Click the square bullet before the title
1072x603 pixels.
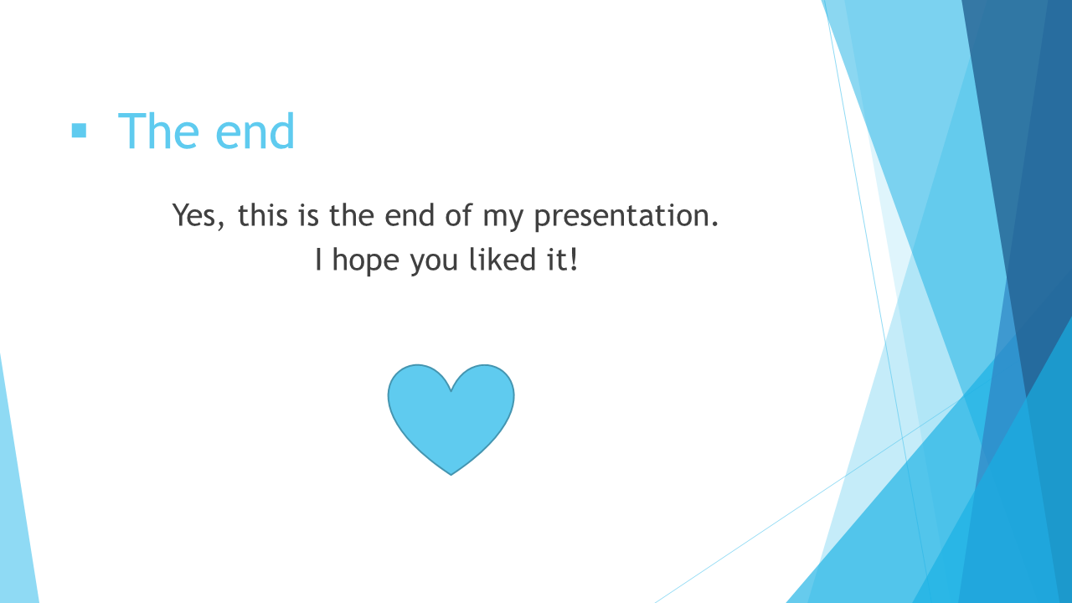pyautogui.click(x=79, y=131)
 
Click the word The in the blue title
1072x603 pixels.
pyautogui.click(x=158, y=131)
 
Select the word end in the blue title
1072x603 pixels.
pyautogui.click(x=255, y=131)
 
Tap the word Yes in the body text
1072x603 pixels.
pyautogui.click(x=194, y=215)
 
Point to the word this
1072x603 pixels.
pyautogui.click(x=263, y=215)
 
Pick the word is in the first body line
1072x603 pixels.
pyautogui.click(x=309, y=215)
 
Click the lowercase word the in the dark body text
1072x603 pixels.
pyautogui.click(x=352, y=215)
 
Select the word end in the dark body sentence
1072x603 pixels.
pyautogui.click(x=410, y=215)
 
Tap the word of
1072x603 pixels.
pyautogui.click(x=458, y=215)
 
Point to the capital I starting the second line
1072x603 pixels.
pyautogui.click(x=319, y=260)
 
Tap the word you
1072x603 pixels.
pyautogui.click(x=434, y=264)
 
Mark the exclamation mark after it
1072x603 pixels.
pyautogui.click(x=574, y=260)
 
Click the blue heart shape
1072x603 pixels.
pyautogui.click(x=451, y=416)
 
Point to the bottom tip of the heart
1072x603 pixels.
pyautogui.click(x=451, y=475)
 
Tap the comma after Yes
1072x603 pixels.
pyautogui.click(x=220, y=226)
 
